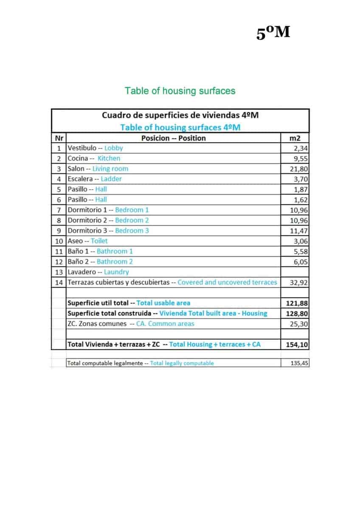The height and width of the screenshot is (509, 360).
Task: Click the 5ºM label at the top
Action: coord(273,33)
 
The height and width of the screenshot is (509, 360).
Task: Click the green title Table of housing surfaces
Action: coord(180,91)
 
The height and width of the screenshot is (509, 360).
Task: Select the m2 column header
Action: coord(295,138)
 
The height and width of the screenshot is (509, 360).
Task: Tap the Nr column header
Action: coord(59,138)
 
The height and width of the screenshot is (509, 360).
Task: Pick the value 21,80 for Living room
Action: coord(299,169)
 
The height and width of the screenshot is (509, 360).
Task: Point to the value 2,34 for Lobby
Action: coord(301,148)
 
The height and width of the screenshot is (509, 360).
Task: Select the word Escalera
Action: coord(79,179)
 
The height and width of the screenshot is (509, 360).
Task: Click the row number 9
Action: coord(59,231)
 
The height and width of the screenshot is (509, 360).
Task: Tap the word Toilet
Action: coord(99,241)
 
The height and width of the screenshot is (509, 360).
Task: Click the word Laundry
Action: coord(116,272)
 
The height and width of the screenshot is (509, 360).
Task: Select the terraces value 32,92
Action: coord(299,282)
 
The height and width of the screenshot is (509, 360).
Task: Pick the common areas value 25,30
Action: coord(299,324)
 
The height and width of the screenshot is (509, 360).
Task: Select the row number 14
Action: coord(59,282)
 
